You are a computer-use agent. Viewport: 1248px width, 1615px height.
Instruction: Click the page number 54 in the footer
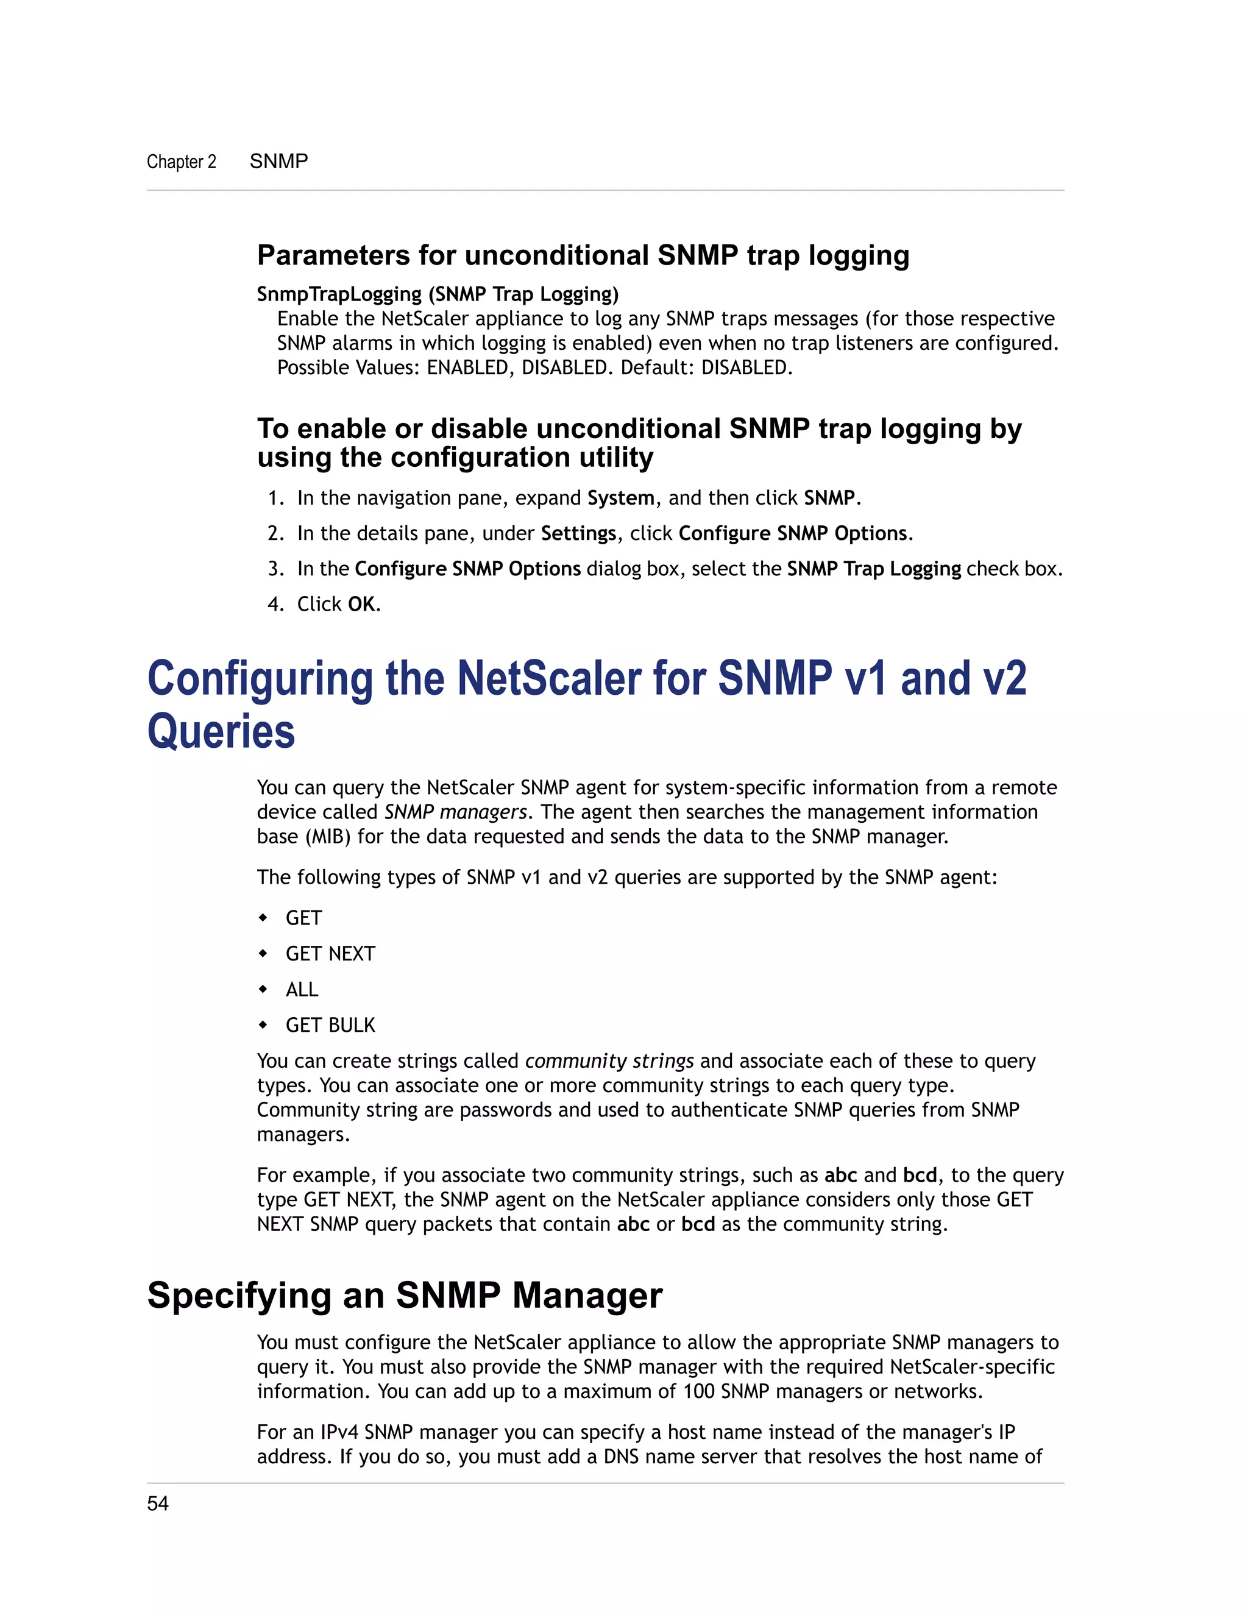[x=157, y=1503]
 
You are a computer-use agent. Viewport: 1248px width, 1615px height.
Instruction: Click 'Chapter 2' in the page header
[x=181, y=161]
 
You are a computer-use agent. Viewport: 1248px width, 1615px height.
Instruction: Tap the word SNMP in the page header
[x=278, y=161]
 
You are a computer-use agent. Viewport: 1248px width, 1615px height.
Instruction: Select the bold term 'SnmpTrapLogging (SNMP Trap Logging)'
[x=438, y=294]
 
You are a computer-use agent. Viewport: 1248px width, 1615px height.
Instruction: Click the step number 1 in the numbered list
[x=274, y=499]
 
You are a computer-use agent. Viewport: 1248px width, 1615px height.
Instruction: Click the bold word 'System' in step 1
[x=620, y=499]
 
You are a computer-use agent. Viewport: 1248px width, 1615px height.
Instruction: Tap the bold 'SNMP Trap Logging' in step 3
[x=874, y=569]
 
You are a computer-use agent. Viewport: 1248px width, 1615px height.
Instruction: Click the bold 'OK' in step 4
[x=361, y=605]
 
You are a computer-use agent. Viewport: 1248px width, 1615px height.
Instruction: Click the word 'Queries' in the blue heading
[x=221, y=732]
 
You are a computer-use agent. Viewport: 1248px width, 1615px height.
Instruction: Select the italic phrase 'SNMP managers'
[x=455, y=812]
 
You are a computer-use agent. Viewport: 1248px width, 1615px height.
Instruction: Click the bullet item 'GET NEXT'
[x=330, y=954]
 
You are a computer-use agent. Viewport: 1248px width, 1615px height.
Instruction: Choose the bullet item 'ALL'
[x=302, y=989]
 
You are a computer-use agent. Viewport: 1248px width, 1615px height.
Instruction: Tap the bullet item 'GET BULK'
[x=330, y=1025]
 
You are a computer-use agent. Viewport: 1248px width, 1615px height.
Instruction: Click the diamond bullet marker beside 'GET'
[x=263, y=918]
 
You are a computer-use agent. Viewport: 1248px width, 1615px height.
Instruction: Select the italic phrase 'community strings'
[x=609, y=1061]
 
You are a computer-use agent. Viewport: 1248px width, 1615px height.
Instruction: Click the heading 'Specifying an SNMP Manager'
[x=405, y=1296]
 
